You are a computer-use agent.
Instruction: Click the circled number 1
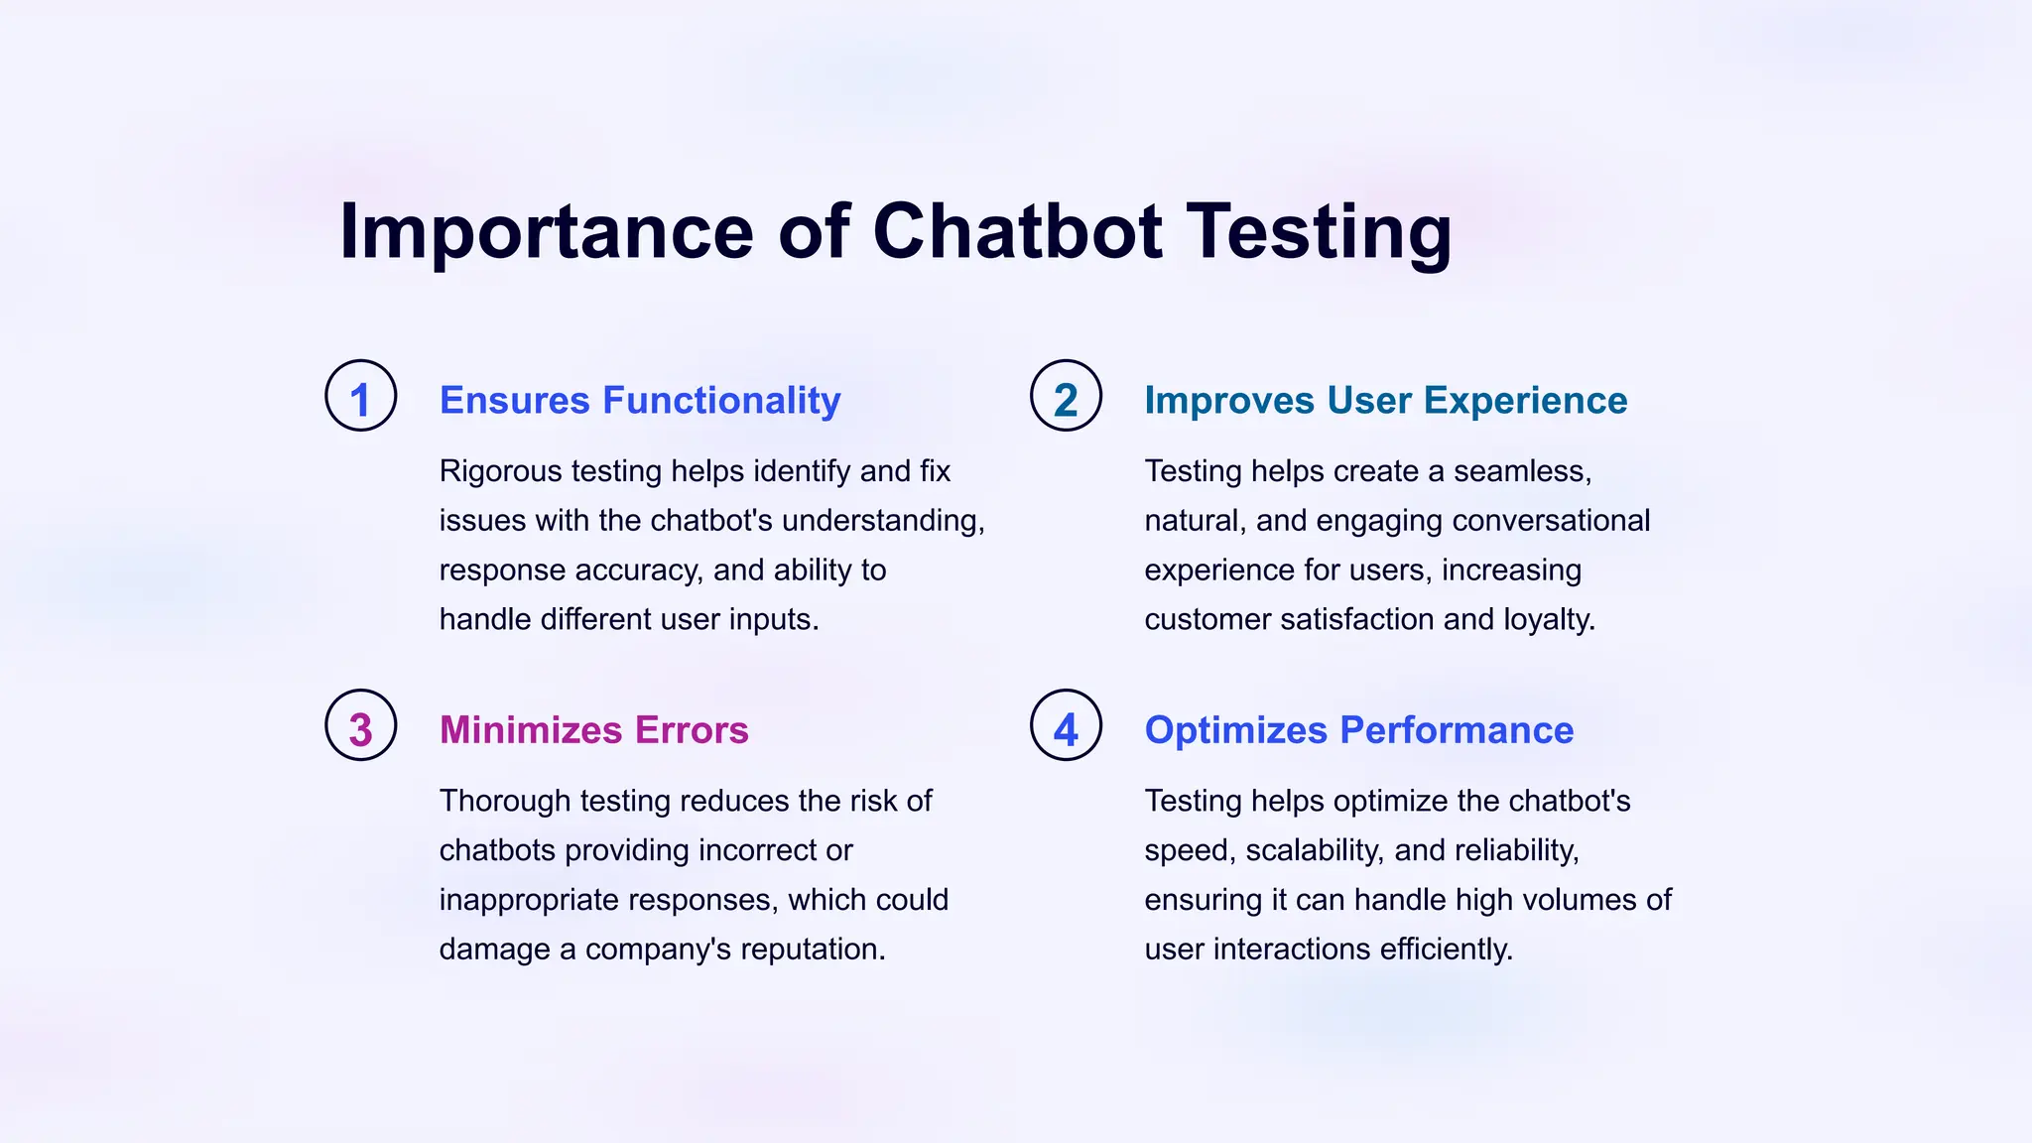[361, 396]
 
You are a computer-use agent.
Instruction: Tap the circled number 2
[1066, 396]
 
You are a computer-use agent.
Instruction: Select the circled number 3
[361, 725]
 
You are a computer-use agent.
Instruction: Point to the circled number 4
[1066, 725]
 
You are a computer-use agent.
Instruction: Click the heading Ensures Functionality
[640, 400]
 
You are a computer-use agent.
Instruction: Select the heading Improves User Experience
[1385, 400]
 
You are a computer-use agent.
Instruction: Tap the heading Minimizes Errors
[593, 730]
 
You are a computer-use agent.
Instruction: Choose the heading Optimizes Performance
[1358, 730]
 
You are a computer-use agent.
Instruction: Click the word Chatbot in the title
[1017, 231]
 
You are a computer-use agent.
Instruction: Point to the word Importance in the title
[547, 231]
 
